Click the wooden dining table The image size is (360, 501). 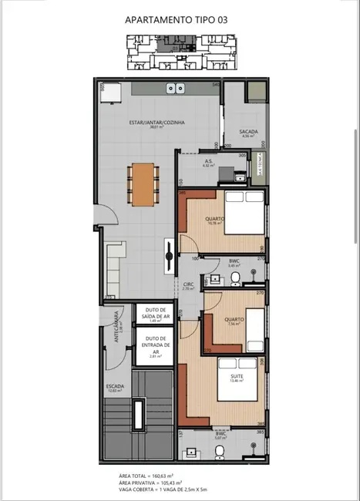(x=143, y=184)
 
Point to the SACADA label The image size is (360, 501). (x=248, y=132)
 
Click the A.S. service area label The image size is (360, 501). (x=208, y=162)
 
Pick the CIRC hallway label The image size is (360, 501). (x=187, y=284)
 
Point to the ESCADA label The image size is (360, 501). (x=115, y=387)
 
